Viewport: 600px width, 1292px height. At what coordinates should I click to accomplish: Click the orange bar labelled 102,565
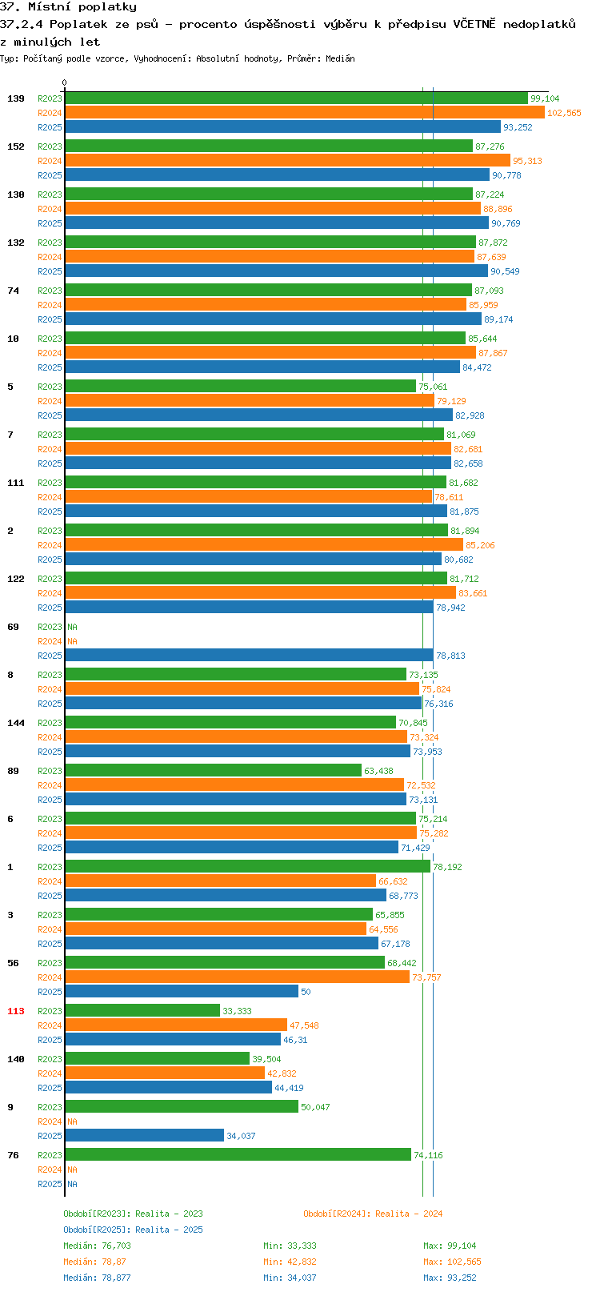click(305, 113)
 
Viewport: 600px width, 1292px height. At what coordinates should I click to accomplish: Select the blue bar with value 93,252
click(283, 127)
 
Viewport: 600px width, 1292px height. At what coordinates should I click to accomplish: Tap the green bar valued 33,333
click(142, 1010)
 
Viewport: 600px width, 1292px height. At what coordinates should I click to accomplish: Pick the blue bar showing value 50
click(182, 992)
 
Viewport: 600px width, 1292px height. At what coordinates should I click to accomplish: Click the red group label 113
click(15, 1011)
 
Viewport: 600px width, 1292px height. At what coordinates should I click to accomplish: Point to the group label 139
click(15, 98)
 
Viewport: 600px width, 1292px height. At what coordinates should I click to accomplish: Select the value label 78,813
click(450, 656)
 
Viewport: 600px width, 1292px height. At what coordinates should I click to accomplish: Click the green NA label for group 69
click(72, 627)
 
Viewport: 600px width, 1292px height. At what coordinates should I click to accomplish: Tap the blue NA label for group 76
click(72, 1184)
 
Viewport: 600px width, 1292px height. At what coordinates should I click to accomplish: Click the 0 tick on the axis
click(64, 82)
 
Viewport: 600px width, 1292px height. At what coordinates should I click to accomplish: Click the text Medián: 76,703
click(97, 1246)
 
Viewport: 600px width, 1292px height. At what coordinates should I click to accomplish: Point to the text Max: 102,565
click(453, 1262)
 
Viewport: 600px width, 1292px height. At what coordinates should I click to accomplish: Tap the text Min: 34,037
click(290, 1278)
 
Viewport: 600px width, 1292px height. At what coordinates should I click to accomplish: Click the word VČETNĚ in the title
click(474, 24)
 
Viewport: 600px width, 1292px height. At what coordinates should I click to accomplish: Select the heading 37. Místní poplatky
click(69, 7)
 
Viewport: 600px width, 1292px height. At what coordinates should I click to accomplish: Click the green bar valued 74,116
click(238, 1155)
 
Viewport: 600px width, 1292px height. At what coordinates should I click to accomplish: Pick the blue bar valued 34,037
click(145, 1135)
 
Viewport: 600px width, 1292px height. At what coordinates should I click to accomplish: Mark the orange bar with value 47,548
click(176, 1025)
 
